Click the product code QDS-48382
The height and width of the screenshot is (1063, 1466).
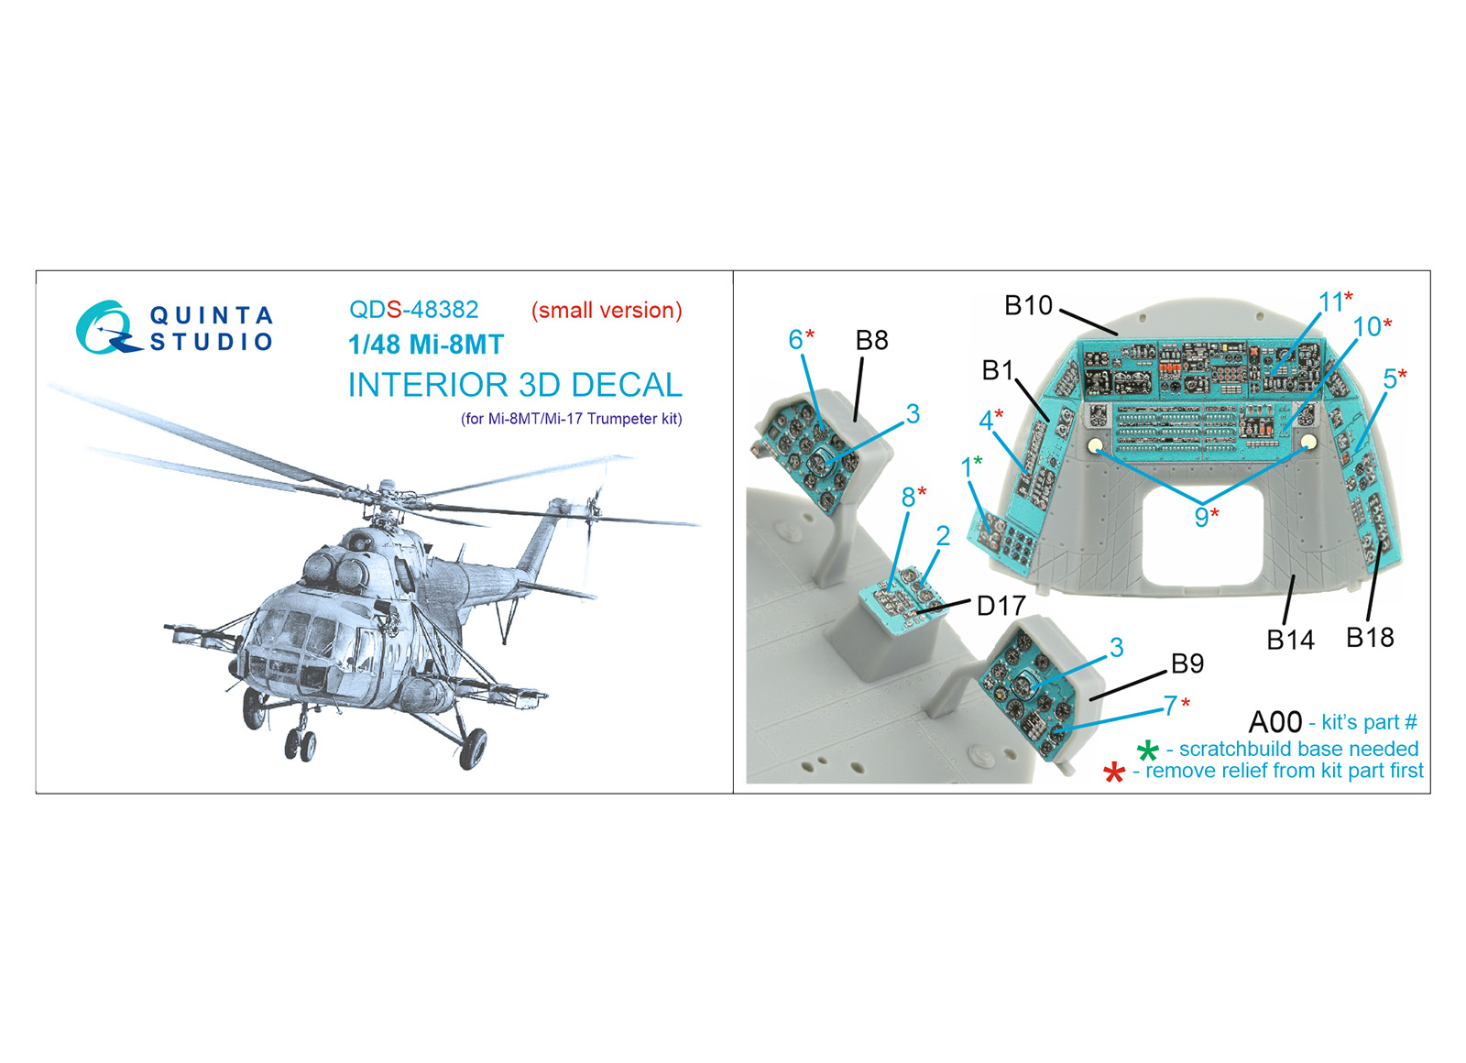coord(413,310)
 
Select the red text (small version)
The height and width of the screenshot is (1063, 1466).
coord(607,310)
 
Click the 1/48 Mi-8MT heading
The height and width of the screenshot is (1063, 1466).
coord(426,345)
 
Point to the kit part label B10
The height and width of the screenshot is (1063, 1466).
coord(1028,305)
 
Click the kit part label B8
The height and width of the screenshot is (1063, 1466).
coord(871,340)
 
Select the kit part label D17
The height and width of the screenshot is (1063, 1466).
coord(1001,606)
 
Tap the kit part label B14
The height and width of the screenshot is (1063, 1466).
coord(1291,640)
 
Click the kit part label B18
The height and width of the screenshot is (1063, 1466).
coord(1370,637)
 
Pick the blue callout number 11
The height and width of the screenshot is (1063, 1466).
coord(1331,302)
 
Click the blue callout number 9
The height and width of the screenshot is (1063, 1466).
coord(1201,517)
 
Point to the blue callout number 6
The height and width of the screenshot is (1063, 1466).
coord(795,339)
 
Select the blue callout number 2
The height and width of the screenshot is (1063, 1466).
coord(943,535)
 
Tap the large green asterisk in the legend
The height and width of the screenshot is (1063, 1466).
coord(1148,751)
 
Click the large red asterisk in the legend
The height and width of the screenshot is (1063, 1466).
coord(1114,773)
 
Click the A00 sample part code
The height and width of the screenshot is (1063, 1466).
coord(1275,723)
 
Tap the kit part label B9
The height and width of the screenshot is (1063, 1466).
coord(1187,663)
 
